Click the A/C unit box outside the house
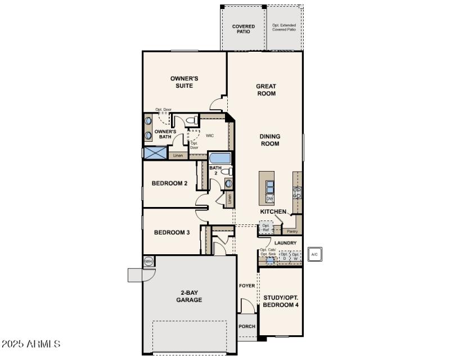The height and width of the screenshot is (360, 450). coord(314,254)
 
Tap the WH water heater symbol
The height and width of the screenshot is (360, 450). coord(148,261)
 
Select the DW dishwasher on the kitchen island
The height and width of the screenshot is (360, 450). coord(269,199)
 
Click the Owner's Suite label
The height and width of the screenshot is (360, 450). coord(184,82)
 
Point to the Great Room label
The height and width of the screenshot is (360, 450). coord(266,90)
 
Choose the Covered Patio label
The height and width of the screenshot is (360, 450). coord(244,29)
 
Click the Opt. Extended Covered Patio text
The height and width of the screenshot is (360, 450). coord(284,28)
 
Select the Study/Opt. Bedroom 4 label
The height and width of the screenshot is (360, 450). coord(281,300)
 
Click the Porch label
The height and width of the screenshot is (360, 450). coord(247,326)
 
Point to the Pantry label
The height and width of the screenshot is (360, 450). coord(292,231)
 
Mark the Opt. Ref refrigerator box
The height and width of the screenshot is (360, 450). coord(266,228)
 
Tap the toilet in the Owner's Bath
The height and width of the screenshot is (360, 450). coord(191,120)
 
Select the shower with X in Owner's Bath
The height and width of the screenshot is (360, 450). coord(155,152)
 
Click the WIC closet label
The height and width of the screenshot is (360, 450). coord(210,136)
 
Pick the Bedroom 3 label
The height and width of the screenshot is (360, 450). coord(172,232)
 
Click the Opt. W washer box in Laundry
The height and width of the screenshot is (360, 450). coord(295,256)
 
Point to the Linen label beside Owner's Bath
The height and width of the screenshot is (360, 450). coord(178,155)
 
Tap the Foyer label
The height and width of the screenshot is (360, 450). coord(247,286)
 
